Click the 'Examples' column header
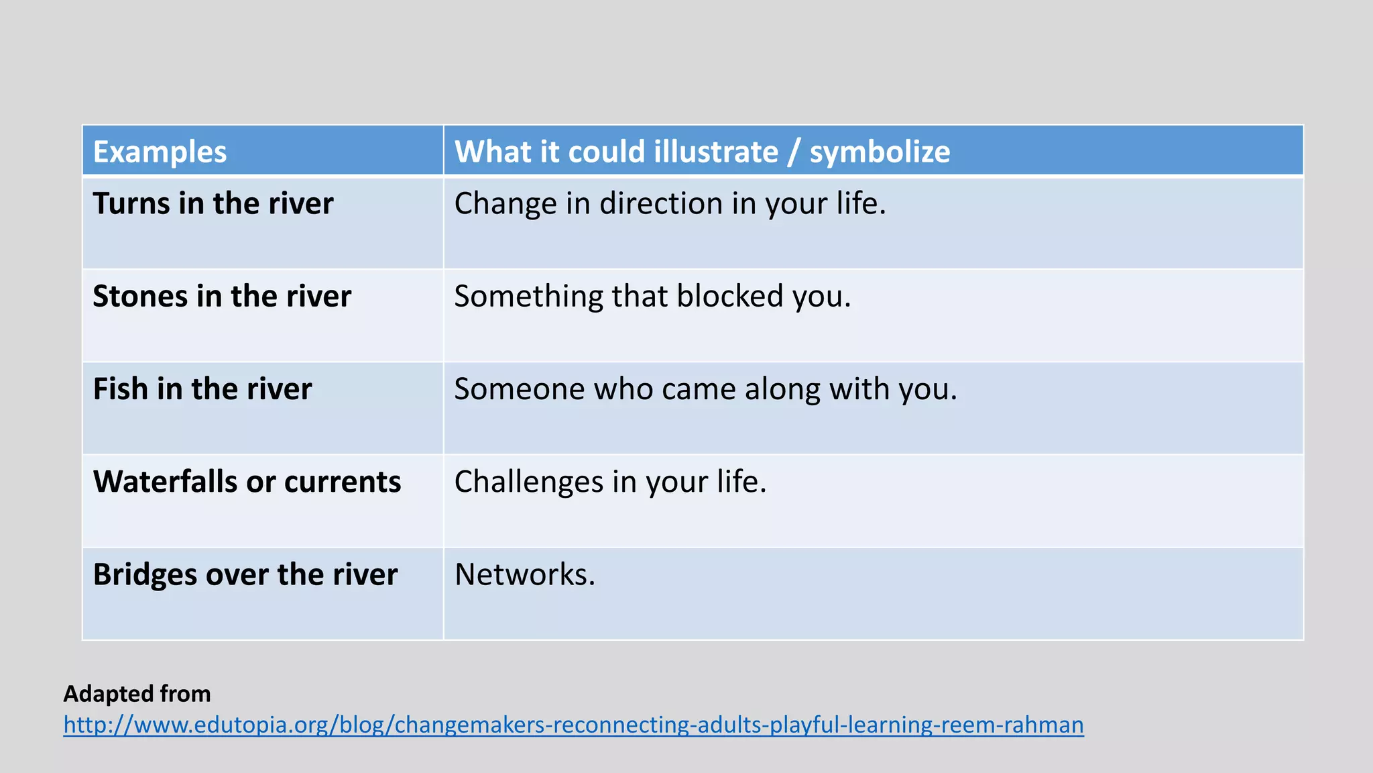point(160,152)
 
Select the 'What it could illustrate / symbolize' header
point(702,152)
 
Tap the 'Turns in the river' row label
point(213,203)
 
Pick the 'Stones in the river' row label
point(222,296)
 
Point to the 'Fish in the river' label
point(202,389)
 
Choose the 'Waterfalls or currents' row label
point(247,482)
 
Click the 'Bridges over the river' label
point(245,574)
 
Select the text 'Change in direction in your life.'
point(670,203)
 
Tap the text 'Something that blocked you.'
point(652,296)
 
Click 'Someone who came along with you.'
point(705,389)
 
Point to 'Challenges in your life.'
point(610,482)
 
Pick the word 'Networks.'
point(525,574)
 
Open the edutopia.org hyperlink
point(573,725)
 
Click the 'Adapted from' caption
point(137,693)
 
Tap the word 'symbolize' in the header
point(880,152)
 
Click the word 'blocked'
point(729,296)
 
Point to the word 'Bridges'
point(144,574)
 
